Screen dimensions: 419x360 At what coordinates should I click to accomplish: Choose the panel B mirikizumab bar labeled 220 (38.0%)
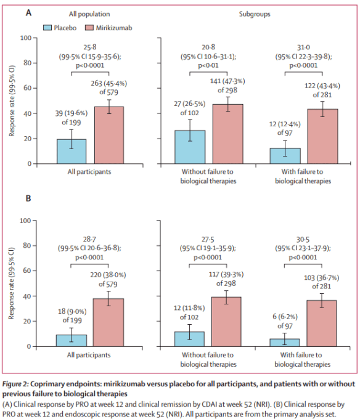click(x=108, y=323)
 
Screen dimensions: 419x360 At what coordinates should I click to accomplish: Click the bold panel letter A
click(x=28, y=12)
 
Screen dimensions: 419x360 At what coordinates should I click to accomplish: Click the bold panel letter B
click(x=28, y=198)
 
